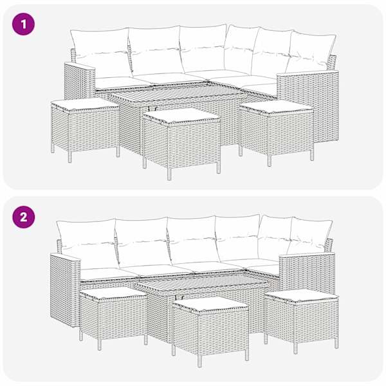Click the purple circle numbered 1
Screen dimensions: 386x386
(23, 24)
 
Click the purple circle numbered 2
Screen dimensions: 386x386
(23, 217)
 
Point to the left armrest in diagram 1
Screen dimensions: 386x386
(79, 81)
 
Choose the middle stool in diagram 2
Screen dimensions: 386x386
(210, 330)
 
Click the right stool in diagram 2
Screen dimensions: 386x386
(301, 320)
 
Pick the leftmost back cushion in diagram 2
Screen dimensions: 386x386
(87, 242)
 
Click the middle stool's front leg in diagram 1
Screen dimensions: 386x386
(169, 174)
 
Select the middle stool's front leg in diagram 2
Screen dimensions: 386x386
(199, 361)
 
